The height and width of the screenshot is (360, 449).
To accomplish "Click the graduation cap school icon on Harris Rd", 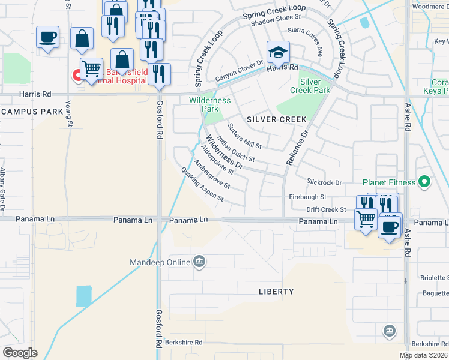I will click(x=278, y=53).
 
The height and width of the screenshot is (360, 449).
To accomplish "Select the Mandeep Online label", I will click(x=160, y=262).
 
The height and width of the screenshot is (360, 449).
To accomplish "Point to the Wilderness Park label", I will click(x=209, y=104).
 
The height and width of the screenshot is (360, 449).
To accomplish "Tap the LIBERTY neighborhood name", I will click(x=276, y=292).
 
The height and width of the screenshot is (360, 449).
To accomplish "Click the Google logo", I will click(x=20, y=352).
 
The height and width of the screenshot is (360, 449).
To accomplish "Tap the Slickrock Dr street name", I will click(x=324, y=182).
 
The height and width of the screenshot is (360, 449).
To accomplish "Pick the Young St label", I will click(x=70, y=113).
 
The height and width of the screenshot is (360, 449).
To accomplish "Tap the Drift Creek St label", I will click(x=325, y=209).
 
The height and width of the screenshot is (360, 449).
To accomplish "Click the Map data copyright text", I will click(x=424, y=355).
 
